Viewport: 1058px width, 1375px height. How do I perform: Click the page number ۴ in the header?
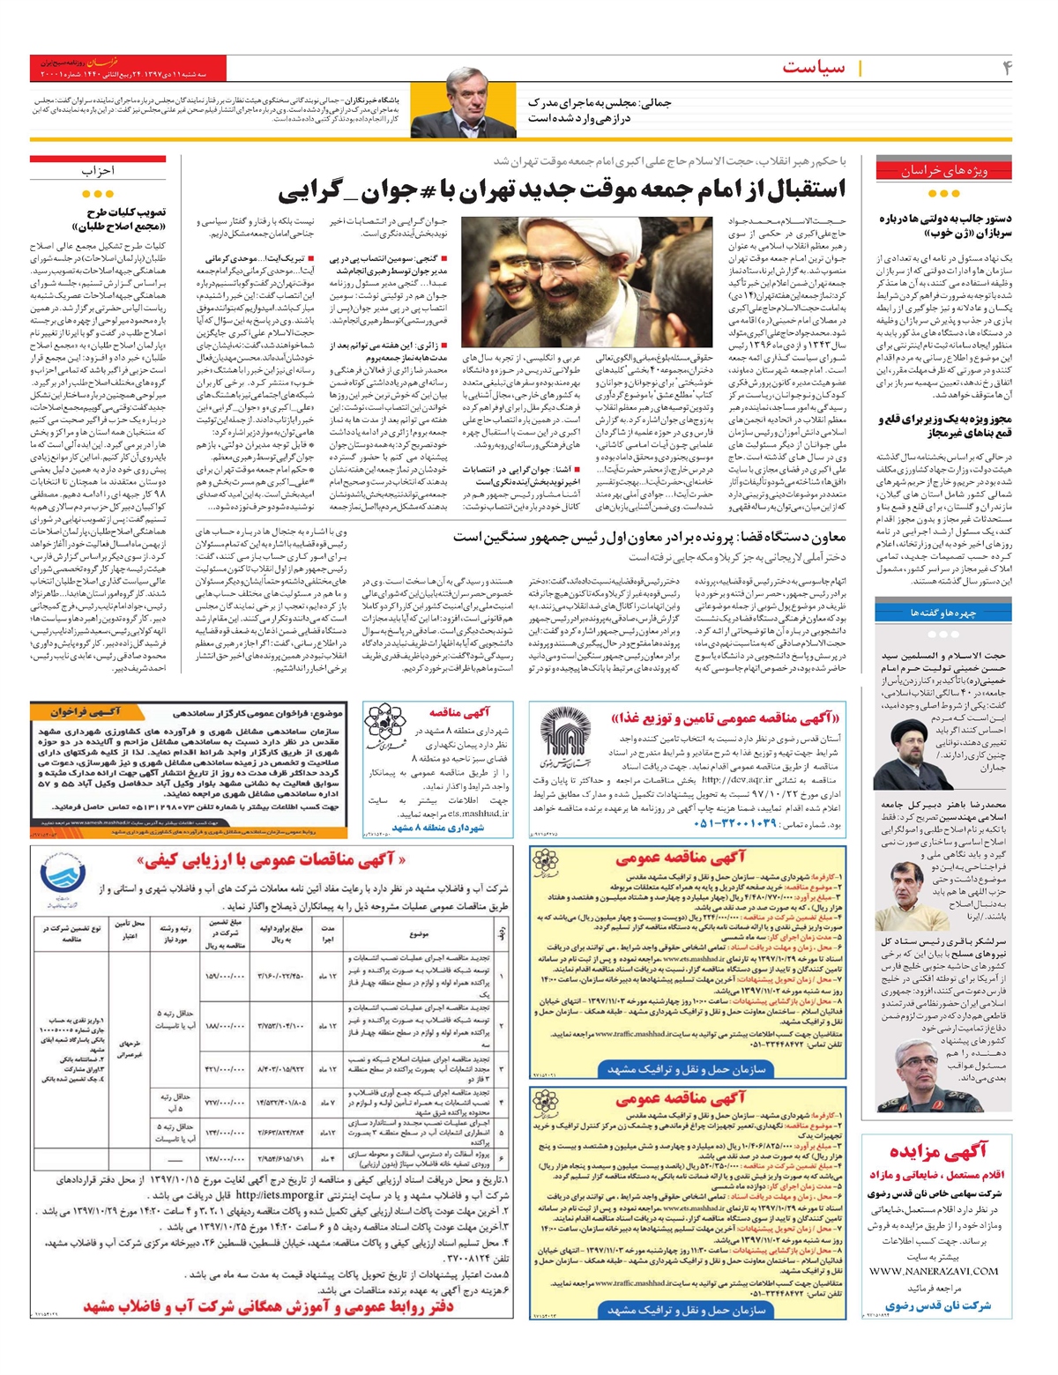1007,68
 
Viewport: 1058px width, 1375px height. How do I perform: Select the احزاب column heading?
98,171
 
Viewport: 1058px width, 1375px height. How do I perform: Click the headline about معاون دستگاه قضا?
650,537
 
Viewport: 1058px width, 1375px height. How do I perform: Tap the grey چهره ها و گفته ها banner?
943,611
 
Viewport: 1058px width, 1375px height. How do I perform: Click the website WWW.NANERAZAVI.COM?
945,1271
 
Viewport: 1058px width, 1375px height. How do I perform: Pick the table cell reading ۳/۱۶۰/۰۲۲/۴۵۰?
281,976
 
